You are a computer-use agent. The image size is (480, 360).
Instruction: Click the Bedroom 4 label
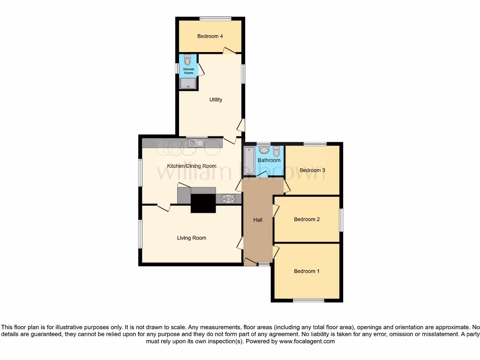click(x=210, y=36)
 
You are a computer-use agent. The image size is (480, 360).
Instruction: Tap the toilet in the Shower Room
click(x=187, y=60)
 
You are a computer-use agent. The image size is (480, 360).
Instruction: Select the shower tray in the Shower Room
click(x=188, y=83)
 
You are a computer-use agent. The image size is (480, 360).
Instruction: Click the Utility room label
click(x=216, y=100)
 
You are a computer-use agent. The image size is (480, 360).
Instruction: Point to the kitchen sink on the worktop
click(x=195, y=143)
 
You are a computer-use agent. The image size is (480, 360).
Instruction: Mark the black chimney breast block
click(x=203, y=203)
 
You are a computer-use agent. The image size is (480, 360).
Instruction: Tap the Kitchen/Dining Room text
click(x=192, y=166)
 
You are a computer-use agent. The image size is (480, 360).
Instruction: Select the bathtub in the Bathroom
click(x=248, y=160)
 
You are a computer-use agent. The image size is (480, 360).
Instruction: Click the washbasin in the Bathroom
click(x=264, y=150)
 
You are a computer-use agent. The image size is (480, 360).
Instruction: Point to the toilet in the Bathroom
click(x=277, y=151)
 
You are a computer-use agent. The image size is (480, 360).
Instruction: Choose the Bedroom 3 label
click(x=312, y=170)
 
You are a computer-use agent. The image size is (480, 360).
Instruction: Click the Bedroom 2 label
click(x=307, y=219)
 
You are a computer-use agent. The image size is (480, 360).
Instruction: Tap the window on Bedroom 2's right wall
click(x=341, y=219)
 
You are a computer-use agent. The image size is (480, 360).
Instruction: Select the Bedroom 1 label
click(x=307, y=271)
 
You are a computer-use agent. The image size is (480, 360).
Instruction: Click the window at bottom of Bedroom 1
click(x=308, y=300)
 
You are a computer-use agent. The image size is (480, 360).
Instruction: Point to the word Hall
click(x=258, y=220)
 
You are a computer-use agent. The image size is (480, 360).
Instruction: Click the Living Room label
click(x=191, y=238)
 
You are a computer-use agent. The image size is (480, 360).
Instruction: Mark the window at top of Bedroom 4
click(x=215, y=19)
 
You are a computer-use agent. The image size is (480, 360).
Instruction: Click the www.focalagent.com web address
click(x=307, y=342)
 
